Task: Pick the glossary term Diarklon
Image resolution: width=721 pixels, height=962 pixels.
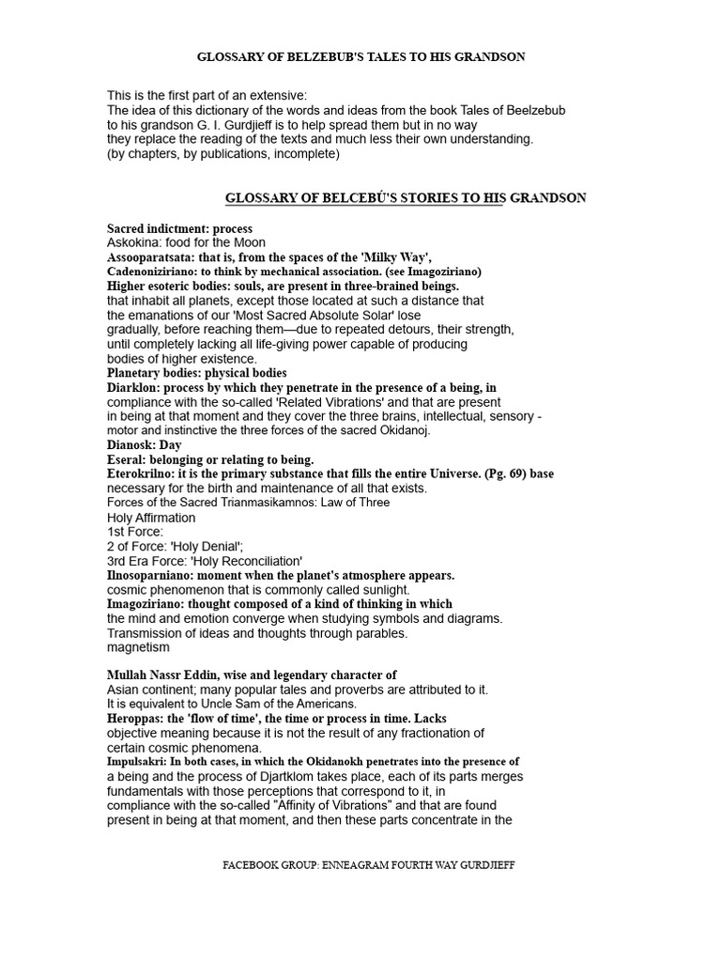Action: [x=134, y=387]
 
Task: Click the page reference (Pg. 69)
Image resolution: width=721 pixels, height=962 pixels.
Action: [x=499, y=473]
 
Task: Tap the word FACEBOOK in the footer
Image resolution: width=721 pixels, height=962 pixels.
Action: [x=265, y=864]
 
